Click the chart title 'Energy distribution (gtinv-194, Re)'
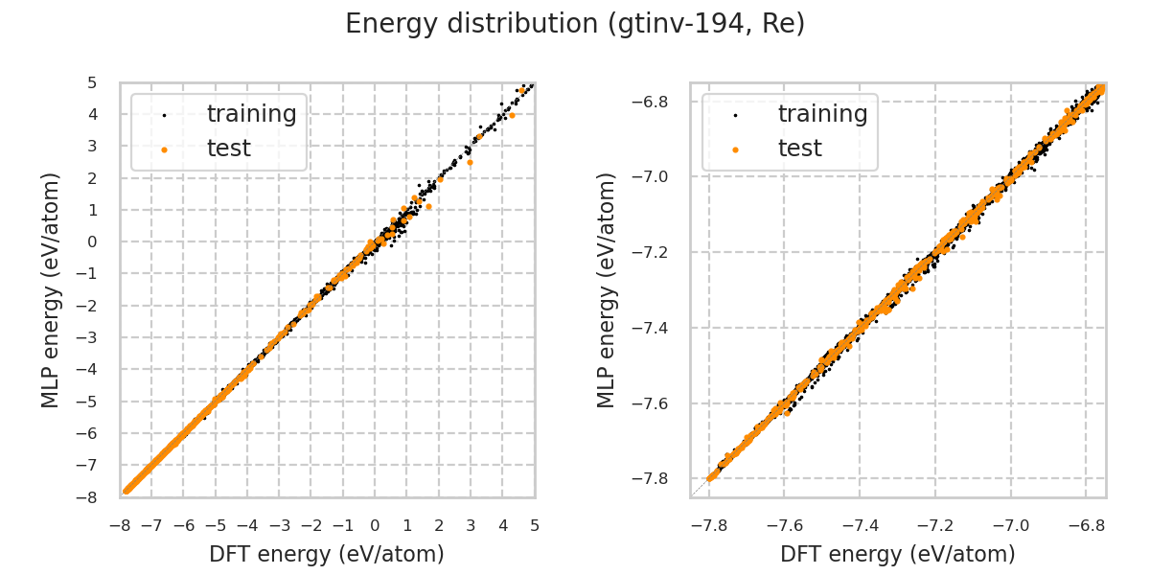point(575,24)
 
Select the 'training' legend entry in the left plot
point(251,114)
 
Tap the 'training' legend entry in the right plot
point(822,114)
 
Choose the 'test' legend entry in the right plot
point(799,149)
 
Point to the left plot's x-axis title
point(327,554)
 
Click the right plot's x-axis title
point(898,554)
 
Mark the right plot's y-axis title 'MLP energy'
point(607,289)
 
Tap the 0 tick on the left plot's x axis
point(375,525)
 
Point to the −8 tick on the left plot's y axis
point(88,497)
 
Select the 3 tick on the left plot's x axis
point(471,525)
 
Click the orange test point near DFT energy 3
point(470,162)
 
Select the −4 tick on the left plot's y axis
point(88,370)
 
